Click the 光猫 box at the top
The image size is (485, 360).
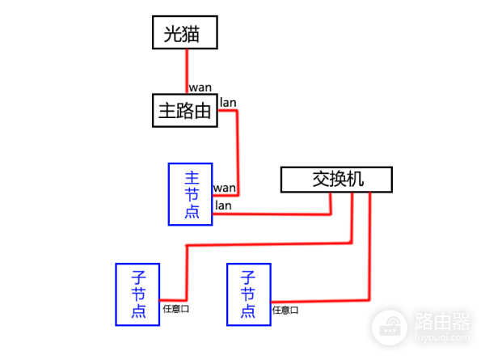tap(187, 34)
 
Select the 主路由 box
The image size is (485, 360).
tap(185, 110)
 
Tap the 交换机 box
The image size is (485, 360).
tap(336, 179)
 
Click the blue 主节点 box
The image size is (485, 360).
tap(190, 194)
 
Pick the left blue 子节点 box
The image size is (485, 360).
tap(137, 294)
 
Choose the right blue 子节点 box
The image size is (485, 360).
tap(248, 294)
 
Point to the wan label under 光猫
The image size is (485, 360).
tap(200, 87)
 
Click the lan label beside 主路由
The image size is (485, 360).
tap(228, 103)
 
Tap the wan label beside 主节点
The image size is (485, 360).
tap(224, 188)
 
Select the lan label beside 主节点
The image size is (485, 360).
tap(223, 205)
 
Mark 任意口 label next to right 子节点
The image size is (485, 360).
tap(285, 309)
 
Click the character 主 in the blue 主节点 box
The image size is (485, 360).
tap(191, 177)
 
